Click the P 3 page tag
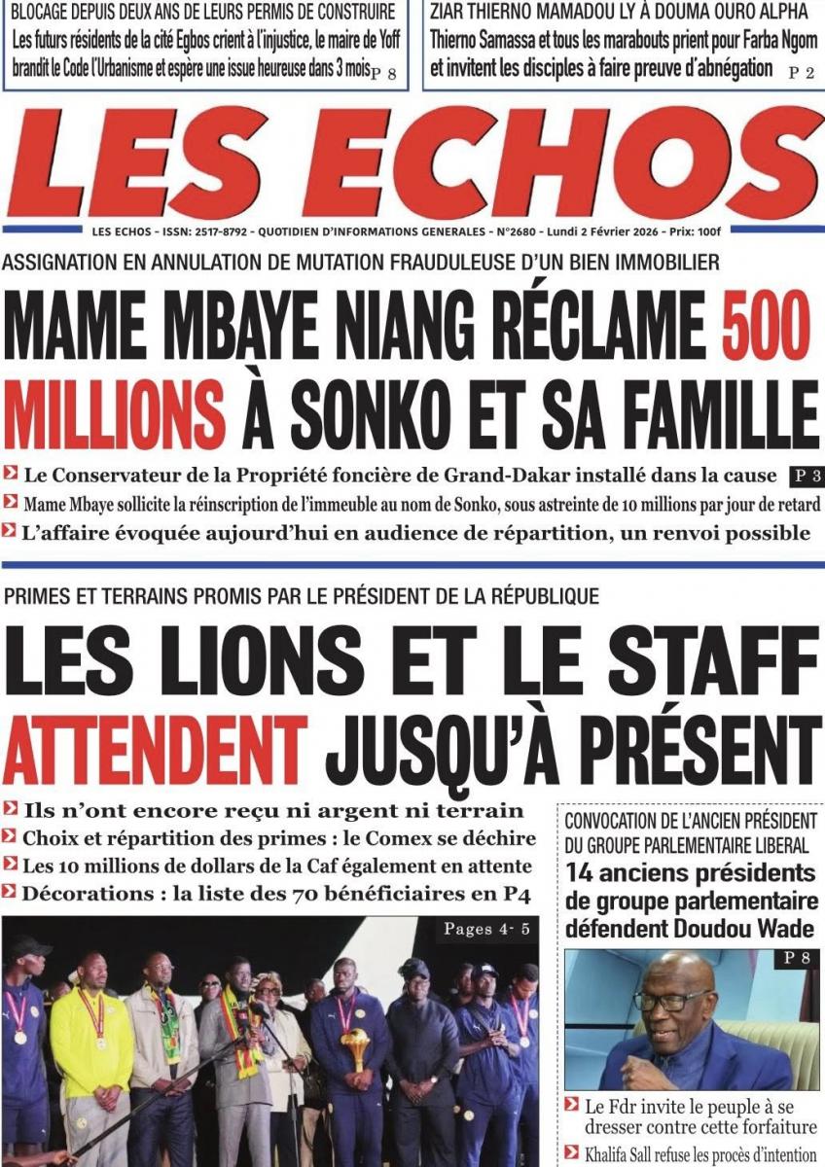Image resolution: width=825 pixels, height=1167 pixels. (x=803, y=476)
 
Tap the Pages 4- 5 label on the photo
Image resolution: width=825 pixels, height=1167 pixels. (x=486, y=929)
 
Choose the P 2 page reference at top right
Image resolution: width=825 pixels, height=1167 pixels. (x=802, y=72)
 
